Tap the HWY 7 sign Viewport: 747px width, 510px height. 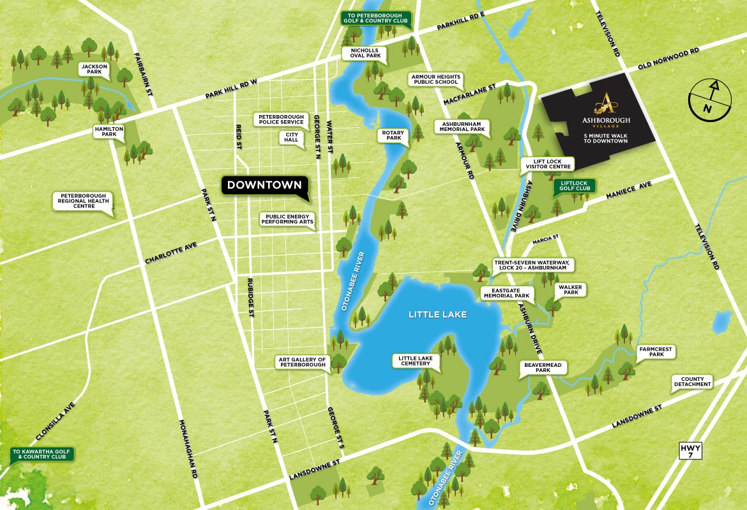pyautogui.click(x=690, y=450)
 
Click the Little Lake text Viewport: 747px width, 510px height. pyautogui.click(x=438, y=314)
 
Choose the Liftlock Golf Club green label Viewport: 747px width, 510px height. pyautogui.click(x=573, y=186)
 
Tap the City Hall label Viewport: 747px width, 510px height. pyautogui.click(x=292, y=137)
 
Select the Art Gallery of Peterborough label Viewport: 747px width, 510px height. pyautogui.click(x=301, y=363)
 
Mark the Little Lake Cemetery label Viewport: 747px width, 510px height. pyautogui.click(x=416, y=361)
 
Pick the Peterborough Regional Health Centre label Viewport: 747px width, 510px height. pyautogui.click(x=83, y=201)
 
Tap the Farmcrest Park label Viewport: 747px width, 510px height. pyautogui.click(x=656, y=351)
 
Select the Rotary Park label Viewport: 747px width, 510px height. pyautogui.click(x=393, y=135)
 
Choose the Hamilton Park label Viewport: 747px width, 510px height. pyautogui.click(x=108, y=132)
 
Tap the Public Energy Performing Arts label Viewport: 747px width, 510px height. pyautogui.click(x=287, y=220)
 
